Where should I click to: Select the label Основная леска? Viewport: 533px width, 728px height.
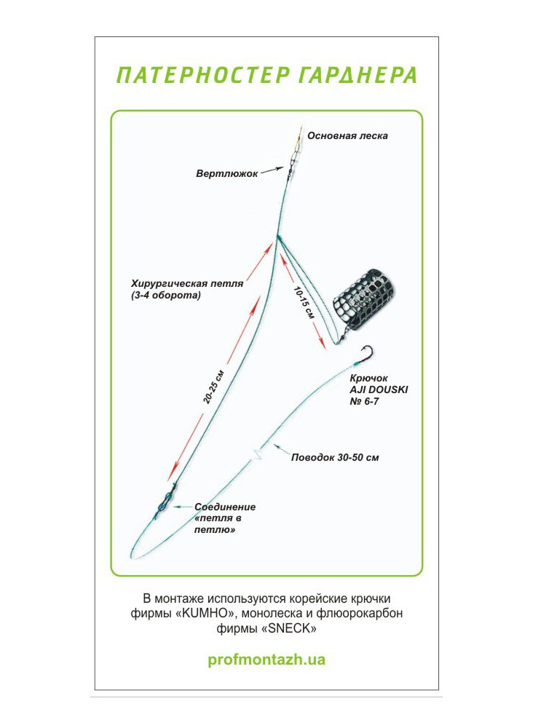click(347, 136)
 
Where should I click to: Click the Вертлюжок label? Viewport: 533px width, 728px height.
click(226, 174)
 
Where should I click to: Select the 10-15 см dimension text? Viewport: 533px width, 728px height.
click(304, 303)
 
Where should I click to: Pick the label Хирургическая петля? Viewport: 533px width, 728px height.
click(187, 284)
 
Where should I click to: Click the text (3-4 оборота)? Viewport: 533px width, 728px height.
click(166, 296)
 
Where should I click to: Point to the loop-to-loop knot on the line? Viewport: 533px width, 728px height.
click(165, 502)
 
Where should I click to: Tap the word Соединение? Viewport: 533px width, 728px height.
click(225, 507)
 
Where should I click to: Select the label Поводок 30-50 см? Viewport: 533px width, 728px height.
click(335, 458)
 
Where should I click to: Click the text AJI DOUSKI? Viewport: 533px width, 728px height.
click(379, 390)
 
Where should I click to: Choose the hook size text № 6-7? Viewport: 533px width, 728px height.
click(364, 402)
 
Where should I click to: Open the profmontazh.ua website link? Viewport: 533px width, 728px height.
click(266, 660)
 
